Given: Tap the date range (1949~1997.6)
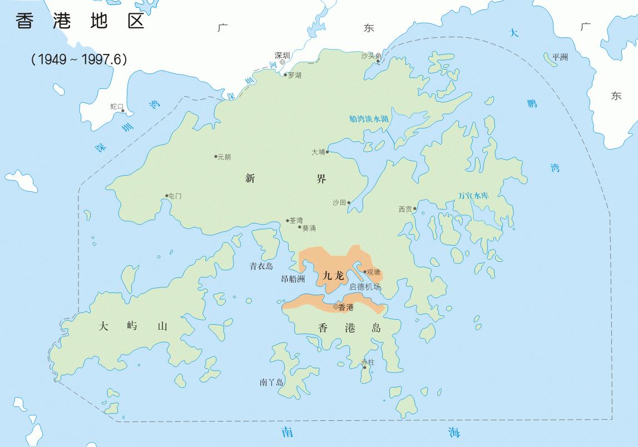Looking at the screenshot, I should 79,59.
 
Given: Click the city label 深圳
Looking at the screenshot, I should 283,56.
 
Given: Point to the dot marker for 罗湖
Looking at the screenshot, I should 285,75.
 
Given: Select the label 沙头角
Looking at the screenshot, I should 371,56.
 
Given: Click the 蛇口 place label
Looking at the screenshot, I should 116,106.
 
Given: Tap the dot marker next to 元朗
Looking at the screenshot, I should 216,156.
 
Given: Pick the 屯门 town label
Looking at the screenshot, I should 175,196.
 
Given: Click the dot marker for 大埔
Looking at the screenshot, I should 328,152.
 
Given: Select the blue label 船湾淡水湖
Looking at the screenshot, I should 369,118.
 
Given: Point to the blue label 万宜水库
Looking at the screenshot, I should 473,196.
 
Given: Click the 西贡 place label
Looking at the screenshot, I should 405,210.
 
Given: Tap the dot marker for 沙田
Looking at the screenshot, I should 349,203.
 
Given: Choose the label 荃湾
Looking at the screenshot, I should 296,221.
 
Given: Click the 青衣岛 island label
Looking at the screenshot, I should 261,266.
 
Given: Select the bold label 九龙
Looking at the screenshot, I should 334,275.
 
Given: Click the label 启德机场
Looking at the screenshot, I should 365,287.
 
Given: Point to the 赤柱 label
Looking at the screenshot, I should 368,362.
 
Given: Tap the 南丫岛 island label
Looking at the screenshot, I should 271,383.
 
